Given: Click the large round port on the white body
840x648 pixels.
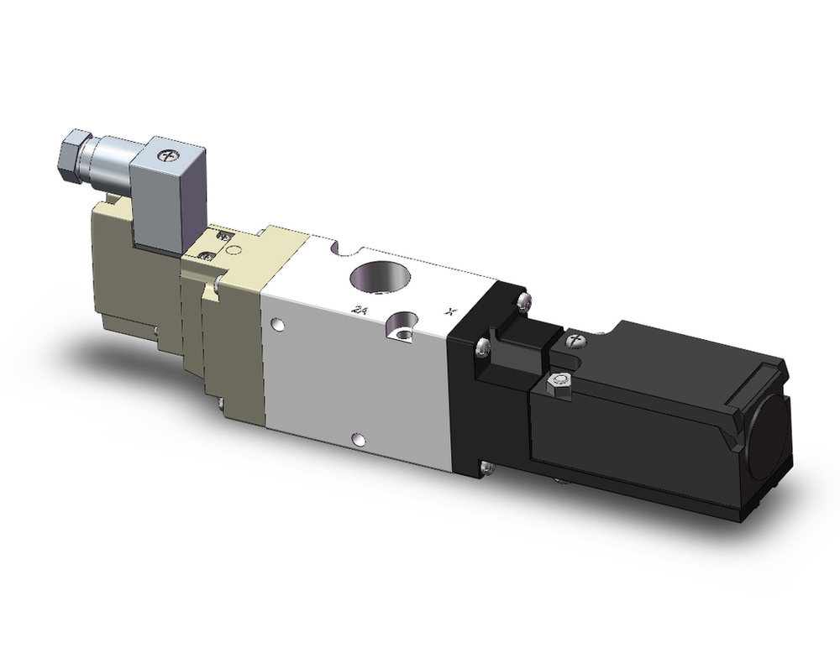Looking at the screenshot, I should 377,276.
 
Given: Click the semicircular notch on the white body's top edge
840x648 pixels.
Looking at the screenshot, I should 340,248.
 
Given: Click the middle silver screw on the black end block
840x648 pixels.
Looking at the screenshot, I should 481,345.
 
